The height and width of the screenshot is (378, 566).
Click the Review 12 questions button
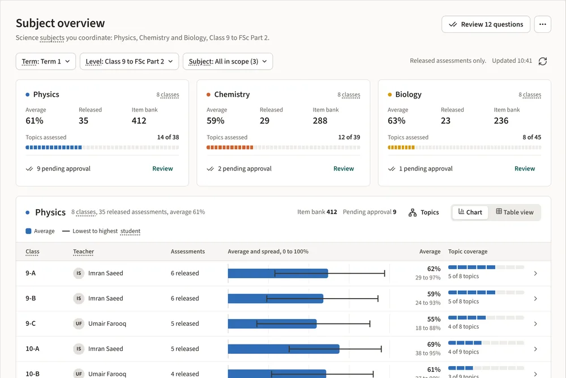tap(486, 24)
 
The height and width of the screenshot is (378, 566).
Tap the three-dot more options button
tap(543, 24)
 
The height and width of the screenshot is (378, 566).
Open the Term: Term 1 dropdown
tap(46, 61)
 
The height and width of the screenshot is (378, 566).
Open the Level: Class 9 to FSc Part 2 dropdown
tap(129, 61)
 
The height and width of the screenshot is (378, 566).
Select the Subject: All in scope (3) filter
tap(228, 61)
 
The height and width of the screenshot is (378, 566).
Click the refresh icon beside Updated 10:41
tap(543, 61)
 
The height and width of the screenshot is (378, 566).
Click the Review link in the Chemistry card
tap(344, 168)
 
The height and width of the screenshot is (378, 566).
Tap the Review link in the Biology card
tap(525, 168)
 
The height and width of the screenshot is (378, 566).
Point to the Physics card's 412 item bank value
tap(139, 121)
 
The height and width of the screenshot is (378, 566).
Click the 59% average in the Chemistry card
tap(216, 121)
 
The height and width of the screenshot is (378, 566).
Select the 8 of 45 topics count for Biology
tap(531, 137)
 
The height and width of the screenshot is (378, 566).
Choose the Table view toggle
tap(514, 212)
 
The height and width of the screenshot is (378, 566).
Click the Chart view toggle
tap(470, 212)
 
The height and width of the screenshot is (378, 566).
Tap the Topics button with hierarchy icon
tap(424, 213)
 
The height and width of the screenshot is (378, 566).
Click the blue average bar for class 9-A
tap(278, 273)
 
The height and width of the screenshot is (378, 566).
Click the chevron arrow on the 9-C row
tap(535, 324)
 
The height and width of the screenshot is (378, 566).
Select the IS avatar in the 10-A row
tap(79, 349)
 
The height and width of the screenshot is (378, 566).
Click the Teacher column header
tap(83, 252)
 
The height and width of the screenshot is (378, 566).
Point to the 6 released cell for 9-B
tap(185, 299)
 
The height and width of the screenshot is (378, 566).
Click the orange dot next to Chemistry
tap(208, 95)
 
